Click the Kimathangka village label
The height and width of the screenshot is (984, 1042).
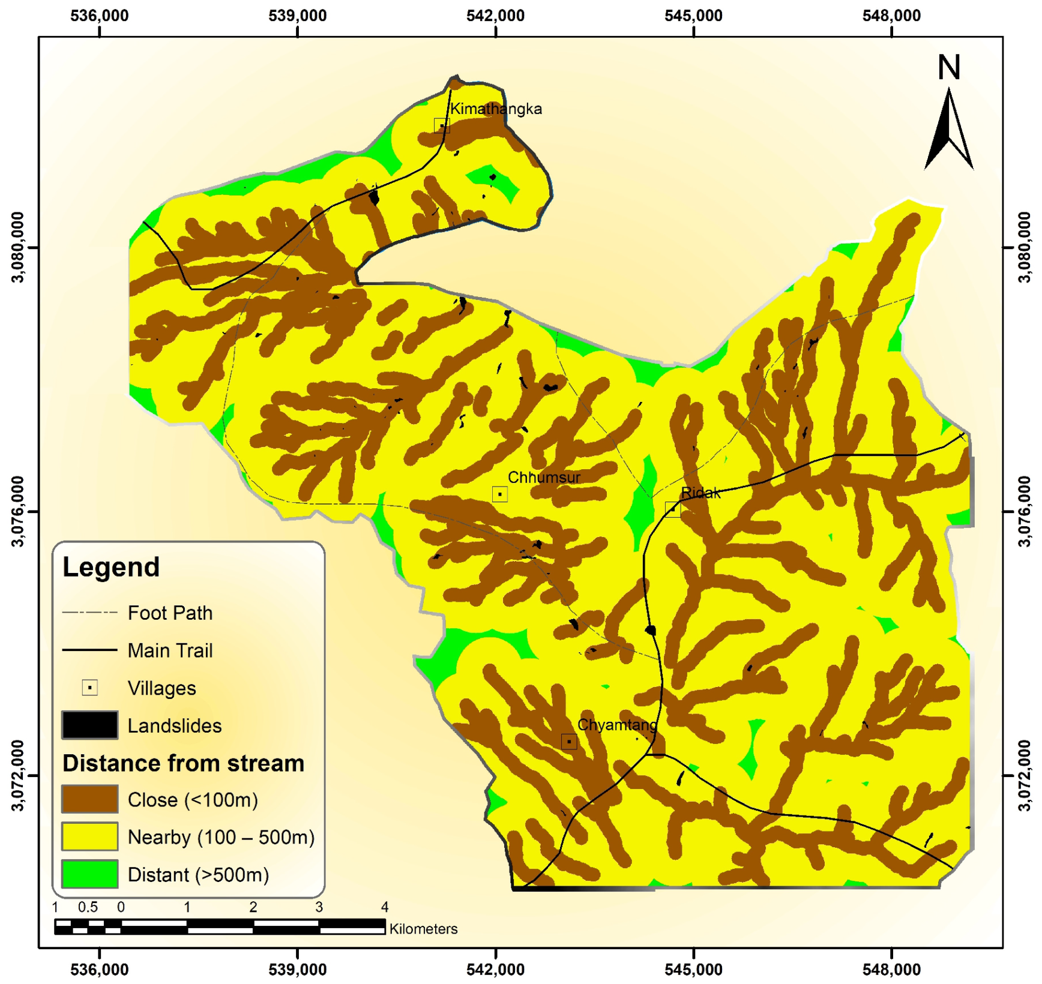coord(496,109)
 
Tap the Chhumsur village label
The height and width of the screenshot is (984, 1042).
coord(544,478)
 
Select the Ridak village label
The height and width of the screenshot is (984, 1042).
coord(700,493)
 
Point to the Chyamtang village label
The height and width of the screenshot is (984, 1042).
coord(617,725)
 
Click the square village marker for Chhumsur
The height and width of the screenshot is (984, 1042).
coord(499,494)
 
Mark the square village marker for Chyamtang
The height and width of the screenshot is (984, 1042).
coord(569,742)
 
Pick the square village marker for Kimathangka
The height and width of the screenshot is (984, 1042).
coord(442,125)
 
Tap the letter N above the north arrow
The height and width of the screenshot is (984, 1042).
coord(949,67)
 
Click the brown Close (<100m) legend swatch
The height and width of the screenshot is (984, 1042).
coord(89,799)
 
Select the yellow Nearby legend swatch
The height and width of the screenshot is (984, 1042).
coord(89,836)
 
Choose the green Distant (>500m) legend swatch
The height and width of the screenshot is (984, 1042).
coord(89,874)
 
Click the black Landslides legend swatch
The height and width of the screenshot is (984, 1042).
coord(89,725)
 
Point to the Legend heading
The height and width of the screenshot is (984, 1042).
coord(111,567)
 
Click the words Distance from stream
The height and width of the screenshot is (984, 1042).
coord(183,763)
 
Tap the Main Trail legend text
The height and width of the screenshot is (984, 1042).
coord(170,650)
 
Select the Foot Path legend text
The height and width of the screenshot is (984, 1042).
coord(170,613)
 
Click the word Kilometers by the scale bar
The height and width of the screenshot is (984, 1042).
coord(423,929)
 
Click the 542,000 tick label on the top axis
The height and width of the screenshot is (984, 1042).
coord(495,16)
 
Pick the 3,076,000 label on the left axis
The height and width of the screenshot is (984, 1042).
coord(18,511)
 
